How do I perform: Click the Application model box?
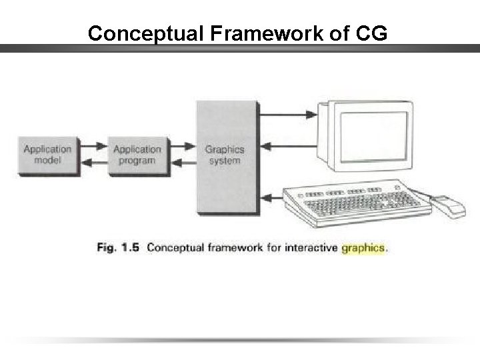click(48, 156)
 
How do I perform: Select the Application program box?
click(137, 156)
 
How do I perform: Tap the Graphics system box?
click(225, 156)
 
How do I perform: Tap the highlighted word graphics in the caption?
click(363, 248)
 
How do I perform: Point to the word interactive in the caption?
click(311, 248)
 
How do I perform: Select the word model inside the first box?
click(48, 161)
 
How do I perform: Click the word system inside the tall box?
click(225, 161)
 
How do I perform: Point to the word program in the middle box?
click(137, 161)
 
